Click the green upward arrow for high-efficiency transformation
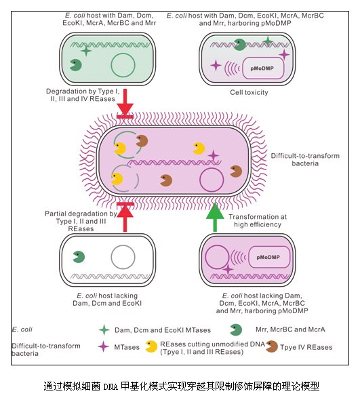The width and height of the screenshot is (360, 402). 215,218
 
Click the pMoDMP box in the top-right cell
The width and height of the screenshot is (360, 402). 263,68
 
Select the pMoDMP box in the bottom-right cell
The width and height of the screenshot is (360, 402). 269,257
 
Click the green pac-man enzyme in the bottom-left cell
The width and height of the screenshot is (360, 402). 79,257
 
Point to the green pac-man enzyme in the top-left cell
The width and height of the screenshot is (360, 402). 75,65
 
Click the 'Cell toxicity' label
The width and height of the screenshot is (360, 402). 249,92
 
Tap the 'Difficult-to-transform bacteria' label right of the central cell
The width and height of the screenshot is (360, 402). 305,159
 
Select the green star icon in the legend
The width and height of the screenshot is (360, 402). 104,329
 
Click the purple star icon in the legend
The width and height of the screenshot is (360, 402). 103,346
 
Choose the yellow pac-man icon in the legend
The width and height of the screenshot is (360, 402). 151,346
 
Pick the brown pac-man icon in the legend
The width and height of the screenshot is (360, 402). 272,346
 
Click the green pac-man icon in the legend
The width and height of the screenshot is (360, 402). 236,329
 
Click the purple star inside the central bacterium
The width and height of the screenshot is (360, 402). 214,155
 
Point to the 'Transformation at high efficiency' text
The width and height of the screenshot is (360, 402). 258,220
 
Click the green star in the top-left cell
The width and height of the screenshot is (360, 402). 86,51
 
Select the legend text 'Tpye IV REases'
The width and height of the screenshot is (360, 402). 306,347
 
